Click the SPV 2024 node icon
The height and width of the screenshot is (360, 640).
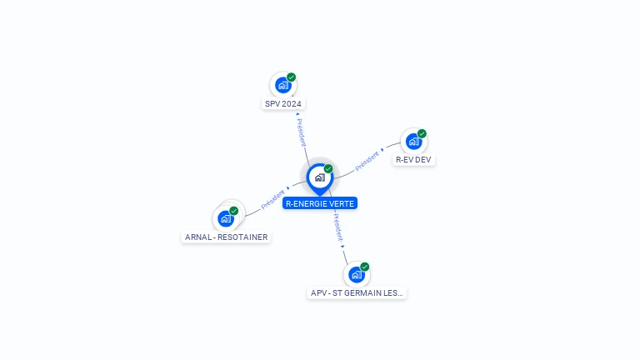282,85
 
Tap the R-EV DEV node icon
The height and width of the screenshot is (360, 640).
413,141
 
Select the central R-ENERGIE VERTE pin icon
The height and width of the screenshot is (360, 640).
319,177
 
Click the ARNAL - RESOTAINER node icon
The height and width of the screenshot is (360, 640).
225,218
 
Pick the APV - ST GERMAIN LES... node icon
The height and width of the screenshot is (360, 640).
356,274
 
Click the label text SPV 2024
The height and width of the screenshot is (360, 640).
283,104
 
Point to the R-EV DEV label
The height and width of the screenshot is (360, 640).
414,160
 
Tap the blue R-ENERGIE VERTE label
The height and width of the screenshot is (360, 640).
320,203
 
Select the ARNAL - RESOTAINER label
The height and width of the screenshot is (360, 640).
227,237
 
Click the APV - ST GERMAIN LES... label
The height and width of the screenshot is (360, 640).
357,293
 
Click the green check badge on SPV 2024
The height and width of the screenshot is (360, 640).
291,77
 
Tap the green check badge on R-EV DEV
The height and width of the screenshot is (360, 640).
422,133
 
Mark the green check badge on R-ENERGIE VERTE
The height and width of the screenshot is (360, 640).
328,169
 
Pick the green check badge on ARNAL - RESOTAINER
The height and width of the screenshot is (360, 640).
234,211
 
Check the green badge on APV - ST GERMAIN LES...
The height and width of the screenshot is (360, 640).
365,267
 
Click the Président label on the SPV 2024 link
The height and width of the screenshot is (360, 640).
301,132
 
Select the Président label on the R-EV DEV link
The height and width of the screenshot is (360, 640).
367,160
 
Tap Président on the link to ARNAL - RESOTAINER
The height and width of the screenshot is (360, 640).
272,199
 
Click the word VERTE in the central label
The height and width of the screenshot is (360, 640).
342,203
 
